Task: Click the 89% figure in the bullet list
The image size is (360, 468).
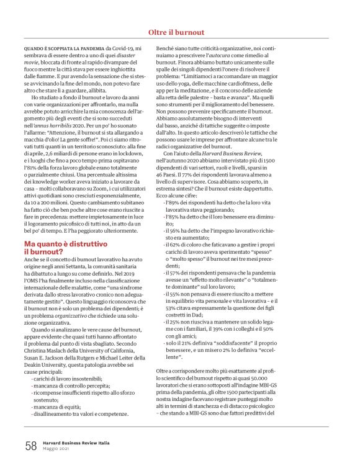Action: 174,203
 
